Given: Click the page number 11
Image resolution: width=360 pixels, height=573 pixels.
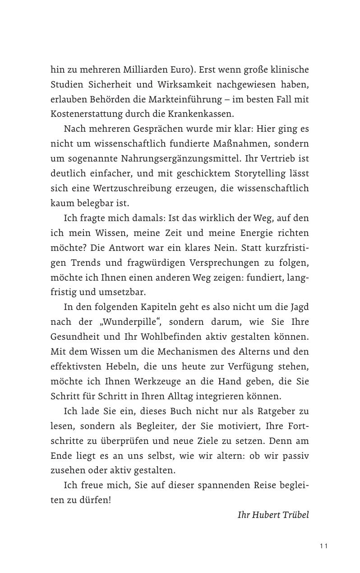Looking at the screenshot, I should pos(323,546).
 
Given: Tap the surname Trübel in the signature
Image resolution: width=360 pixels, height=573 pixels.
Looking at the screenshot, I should pos(295,515).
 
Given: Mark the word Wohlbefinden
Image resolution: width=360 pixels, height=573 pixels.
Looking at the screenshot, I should pos(172,336).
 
